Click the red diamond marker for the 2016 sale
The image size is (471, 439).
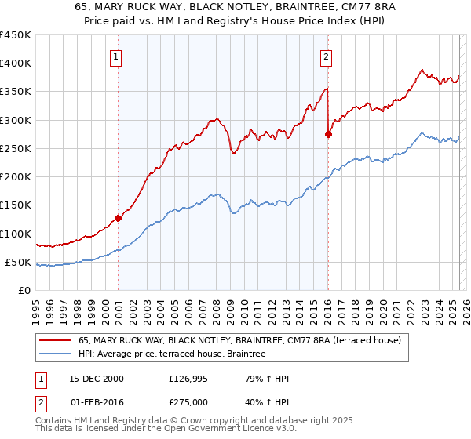[328, 134]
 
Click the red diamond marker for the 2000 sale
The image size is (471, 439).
[119, 218]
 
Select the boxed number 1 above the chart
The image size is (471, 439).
[115, 56]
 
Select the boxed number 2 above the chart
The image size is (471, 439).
[325, 56]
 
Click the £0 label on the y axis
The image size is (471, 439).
[25, 291]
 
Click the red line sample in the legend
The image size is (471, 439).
[56, 340]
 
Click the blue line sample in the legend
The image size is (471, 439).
[56, 354]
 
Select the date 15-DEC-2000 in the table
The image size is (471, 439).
[97, 379]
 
